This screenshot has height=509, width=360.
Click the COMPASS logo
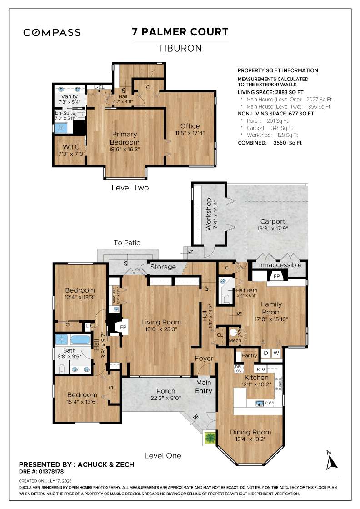coord(52,32)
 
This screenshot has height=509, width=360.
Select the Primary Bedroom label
coord(125,138)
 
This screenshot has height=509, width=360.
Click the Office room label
coord(190,126)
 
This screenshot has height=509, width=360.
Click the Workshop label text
coord(209,214)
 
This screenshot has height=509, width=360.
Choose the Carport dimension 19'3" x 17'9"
coord(273,229)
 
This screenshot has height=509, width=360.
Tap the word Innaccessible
coord(280,265)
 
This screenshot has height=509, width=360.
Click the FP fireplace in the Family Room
coord(276,276)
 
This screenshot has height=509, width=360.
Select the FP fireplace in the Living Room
coord(122,327)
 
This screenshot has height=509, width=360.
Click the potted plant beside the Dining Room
coord(210,438)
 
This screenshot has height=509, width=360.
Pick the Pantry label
coord(250,355)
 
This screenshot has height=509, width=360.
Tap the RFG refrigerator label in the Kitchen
coord(260,369)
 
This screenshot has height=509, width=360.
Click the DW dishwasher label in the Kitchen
coord(269,403)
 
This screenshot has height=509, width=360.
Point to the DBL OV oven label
coord(239,369)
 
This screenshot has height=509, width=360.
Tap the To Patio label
coord(127,243)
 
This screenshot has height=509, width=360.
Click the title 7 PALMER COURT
coord(180,32)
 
